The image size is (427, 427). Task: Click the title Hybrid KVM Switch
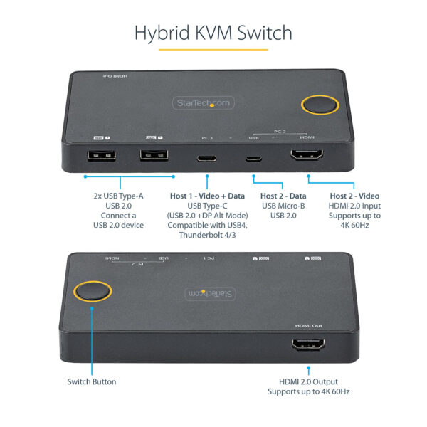[213, 33]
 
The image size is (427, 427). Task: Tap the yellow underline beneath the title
[213, 50]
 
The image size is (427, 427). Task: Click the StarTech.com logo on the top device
[203, 103]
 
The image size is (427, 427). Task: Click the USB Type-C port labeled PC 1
[207, 157]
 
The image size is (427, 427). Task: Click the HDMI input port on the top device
[307, 157]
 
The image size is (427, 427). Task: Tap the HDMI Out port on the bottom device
[309, 346]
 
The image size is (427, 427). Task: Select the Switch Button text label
[92, 381]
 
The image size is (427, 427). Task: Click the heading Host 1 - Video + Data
[206, 196]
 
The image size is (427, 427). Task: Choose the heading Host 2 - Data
[283, 196]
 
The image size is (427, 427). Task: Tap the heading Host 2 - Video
[354, 196]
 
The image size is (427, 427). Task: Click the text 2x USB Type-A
[117, 196]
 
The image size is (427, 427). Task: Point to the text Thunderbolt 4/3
[206, 236]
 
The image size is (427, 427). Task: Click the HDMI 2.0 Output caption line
[309, 381]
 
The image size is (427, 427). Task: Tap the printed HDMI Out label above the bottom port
[308, 325]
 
